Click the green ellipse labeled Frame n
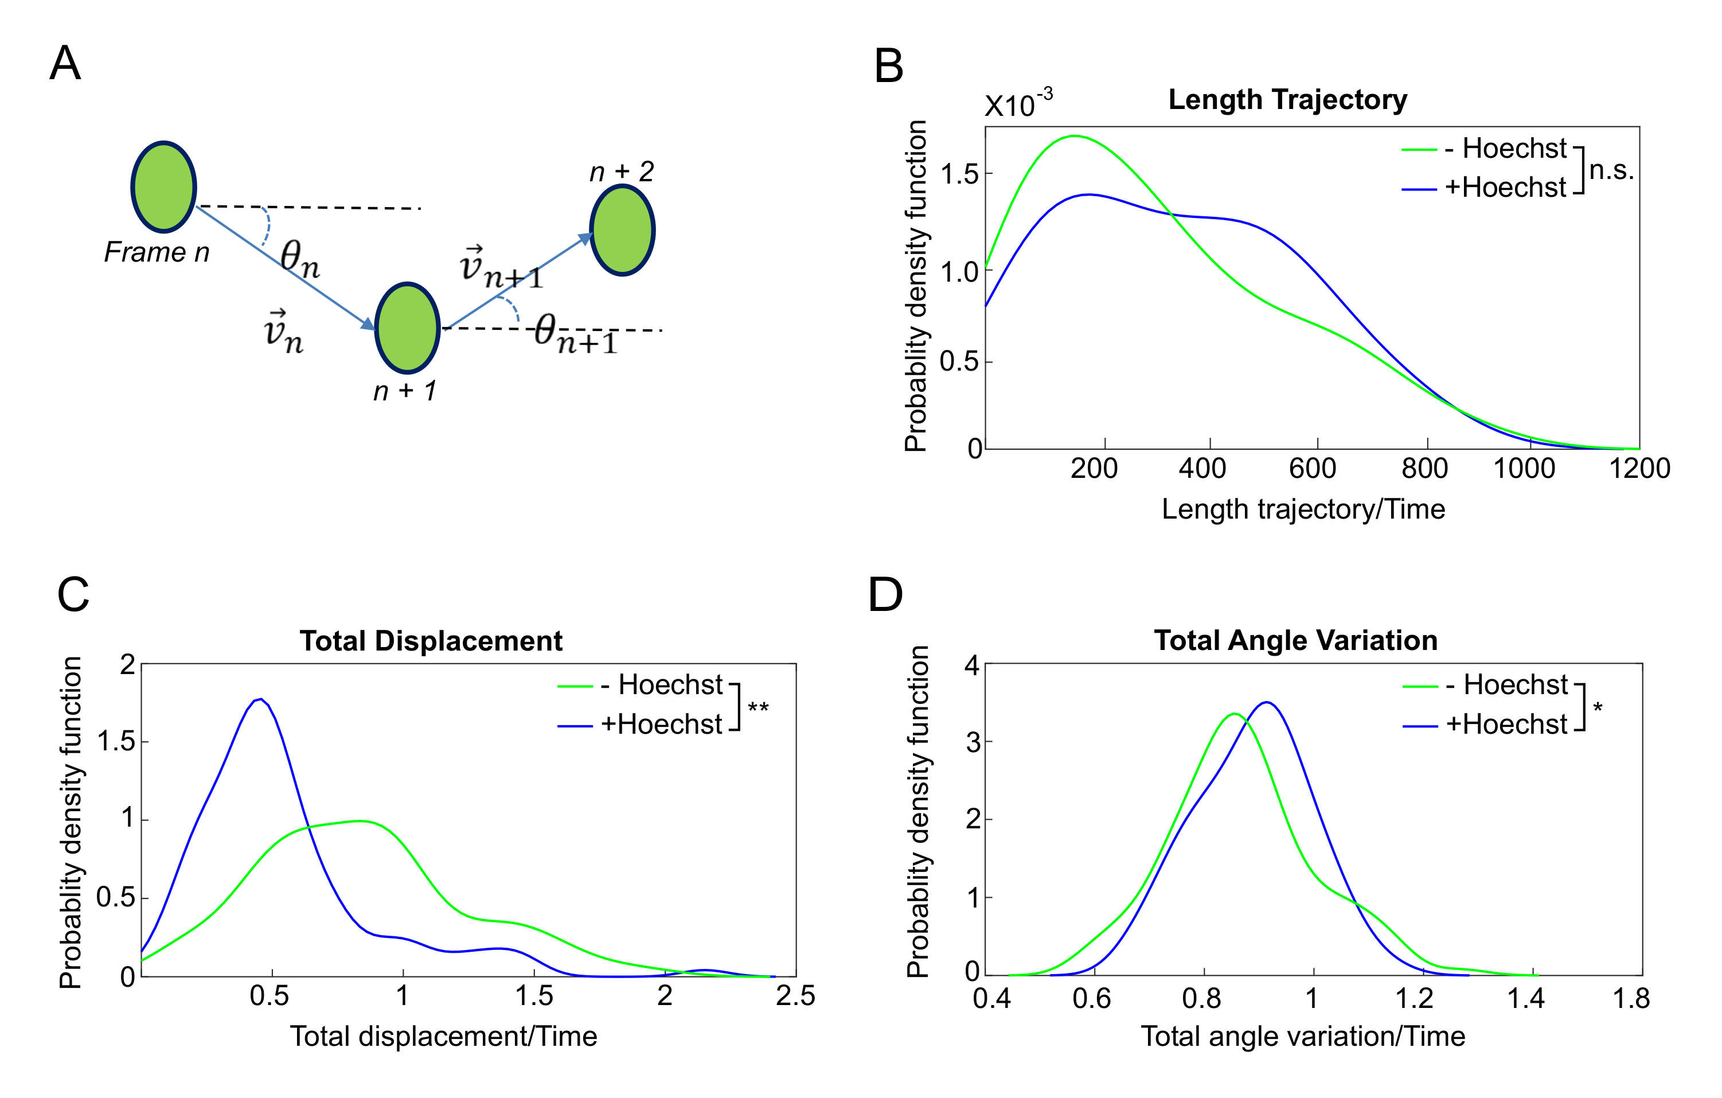click(x=164, y=186)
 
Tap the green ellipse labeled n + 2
click(x=622, y=231)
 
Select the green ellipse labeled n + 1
click(x=407, y=328)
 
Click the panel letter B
click(x=888, y=66)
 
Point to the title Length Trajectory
click(x=1287, y=99)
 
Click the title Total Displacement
click(x=431, y=641)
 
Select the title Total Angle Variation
click(x=1295, y=640)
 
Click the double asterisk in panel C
click(x=758, y=708)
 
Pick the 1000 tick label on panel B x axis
click(x=1524, y=469)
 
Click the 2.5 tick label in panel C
click(x=795, y=996)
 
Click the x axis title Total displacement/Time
click(x=443, y=1037)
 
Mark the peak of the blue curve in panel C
click(x=261, y=699)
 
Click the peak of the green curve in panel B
click(x=1075, y=135)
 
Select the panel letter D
click(x=885, y=594)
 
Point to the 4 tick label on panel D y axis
click(x=971, y=666)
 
